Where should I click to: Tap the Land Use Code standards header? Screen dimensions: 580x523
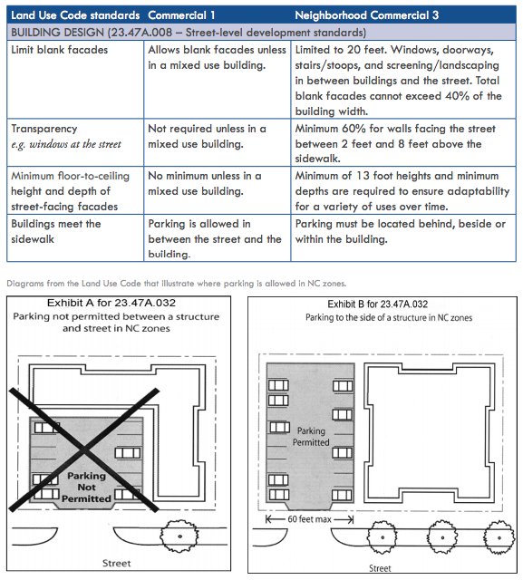tap(75, 16)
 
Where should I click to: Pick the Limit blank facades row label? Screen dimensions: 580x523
tap(59, 49)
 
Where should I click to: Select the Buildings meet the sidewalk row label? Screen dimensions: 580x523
tap(56, 231)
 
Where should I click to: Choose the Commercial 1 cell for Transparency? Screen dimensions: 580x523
tap(207, 136)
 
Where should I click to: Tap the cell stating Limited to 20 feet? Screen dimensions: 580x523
tap(399, 81)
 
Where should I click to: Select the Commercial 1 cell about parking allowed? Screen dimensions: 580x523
tap(216, 239)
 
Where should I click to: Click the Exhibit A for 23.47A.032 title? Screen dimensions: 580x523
tap(119, 301)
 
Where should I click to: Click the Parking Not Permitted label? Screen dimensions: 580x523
tap(88, 488)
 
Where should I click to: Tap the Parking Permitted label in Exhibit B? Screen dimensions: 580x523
tap(311, 437)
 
